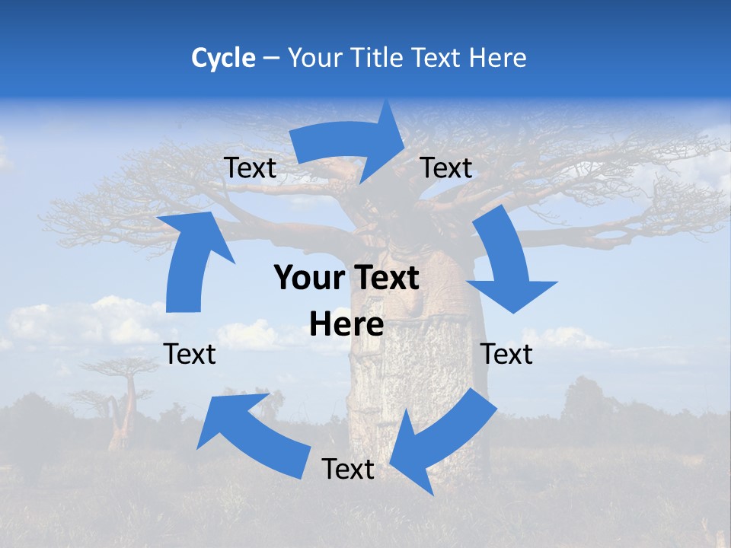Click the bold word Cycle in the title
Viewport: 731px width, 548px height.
[x=223, y=58]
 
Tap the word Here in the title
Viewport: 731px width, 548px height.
[x=497, y=58]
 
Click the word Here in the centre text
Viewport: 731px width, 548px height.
[x=346, y=325]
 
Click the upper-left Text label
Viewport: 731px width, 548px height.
[x=251, y=168]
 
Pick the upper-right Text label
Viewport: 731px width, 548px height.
[x=446, y=168]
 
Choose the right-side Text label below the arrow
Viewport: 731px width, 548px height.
[x=506, y=354]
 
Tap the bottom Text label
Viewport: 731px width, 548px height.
[x=348, y=470]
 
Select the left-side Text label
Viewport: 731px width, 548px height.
[x=190, y=354]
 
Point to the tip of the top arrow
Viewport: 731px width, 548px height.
[x=404, y=145]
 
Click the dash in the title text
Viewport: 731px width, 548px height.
[x=271, y=58]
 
